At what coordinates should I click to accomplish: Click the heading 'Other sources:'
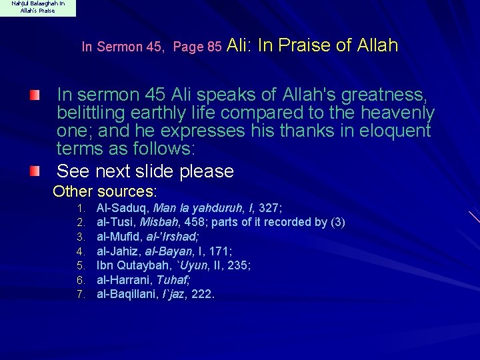(x=105, y=192)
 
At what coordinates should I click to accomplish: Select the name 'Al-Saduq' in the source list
(x=123, y=207)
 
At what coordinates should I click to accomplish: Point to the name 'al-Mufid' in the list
(x=120, y=237)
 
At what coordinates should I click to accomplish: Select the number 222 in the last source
(x=202, y=295)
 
